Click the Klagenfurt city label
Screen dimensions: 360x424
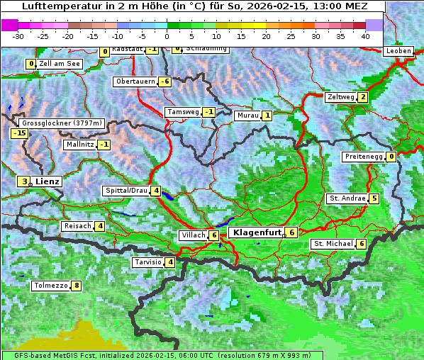pyautogui.click(x=257, y=232)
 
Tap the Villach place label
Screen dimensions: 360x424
pyautogui.click(x=192, y=235)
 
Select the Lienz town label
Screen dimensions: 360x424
pyautogui.click(x=47, y=181)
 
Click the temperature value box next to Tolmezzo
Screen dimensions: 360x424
pyautogui.click(x=77, y=286)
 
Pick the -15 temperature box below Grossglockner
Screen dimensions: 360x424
pyautogui.click(x=19, y=133)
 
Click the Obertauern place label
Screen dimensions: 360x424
pyautogui.click(x=135, y=81)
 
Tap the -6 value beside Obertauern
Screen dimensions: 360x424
pyautogui.click(x=164, y=81)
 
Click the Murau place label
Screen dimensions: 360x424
pyautogui.click(x=247, y=116)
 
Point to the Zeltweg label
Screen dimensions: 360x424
pyautogui.click(x=340, y=97)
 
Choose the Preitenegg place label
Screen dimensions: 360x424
pyautogui.click(x=364, y=157)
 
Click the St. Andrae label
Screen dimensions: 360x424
pyautogui.click(x=347, y=198)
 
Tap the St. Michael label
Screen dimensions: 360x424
pyautogui.click(x=333, y=244)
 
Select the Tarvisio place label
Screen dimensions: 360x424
pyautogui.click(x=147, y=262)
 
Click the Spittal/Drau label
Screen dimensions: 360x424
pyautogui.click(x=126, y=191)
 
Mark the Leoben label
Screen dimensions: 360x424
pyautogui.click(x=397, y=51)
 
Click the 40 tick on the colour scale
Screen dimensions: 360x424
pyautogui.click(x=365, y=35)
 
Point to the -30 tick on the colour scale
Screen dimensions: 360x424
pyautogui.click(x=18, y=35)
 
